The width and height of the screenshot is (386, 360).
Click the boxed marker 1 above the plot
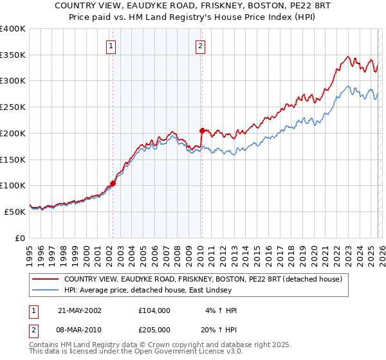[x=112, y=46]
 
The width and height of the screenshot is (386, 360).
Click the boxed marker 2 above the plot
[x=201, y=46]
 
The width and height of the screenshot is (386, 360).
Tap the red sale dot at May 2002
[x=113, y=183]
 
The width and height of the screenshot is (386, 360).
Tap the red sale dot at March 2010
[x=201, y=130]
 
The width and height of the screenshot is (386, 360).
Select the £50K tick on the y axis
[x=15, y=212]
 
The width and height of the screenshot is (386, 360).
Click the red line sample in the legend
[x=45, y=279]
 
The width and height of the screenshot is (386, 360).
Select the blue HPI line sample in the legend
[x=45, y=291]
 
